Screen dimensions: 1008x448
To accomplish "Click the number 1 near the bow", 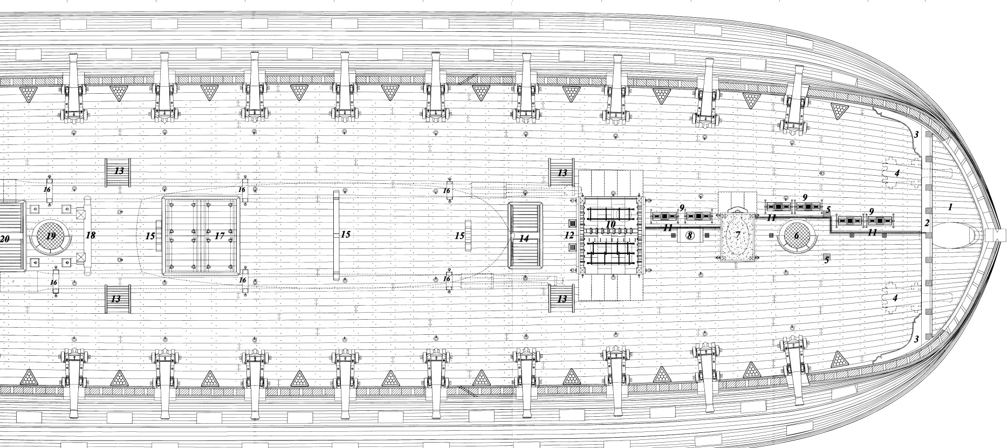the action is point(950,207).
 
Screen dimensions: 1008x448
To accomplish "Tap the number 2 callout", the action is point(927,223).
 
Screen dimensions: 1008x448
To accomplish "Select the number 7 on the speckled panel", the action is point(737,236).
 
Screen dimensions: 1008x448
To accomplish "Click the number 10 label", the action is point(611,223).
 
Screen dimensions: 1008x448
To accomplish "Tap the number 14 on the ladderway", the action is point(524,238).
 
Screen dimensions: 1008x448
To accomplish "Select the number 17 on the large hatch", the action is point(220,236).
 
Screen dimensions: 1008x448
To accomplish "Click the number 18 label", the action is point(91,236).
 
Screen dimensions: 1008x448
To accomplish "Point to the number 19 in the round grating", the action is point(51,236).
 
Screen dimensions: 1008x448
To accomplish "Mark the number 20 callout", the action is point(5,238).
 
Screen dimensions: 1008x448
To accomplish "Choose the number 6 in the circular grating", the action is point(796,236).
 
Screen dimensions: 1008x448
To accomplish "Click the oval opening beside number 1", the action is point(957,236).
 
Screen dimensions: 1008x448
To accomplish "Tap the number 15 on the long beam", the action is point(345,235).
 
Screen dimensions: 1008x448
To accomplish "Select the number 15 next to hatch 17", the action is point(150,236).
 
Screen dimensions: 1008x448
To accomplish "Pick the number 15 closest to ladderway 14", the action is point(459,236).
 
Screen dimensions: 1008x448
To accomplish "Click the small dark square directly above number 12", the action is point(572,223).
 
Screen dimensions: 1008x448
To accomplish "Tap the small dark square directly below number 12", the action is point(572,247).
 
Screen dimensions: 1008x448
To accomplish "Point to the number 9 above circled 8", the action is point(682,208).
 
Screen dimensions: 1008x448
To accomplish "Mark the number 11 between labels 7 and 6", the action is point(771,218).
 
